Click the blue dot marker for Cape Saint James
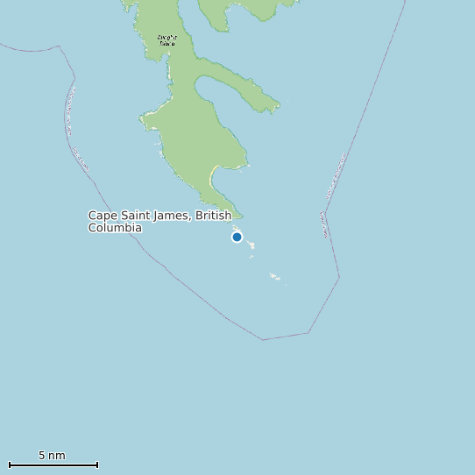(x=237, y=237)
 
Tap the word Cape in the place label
(x=102, y=216)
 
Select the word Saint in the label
(x=133, y=216)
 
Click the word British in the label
(x=214, y=216)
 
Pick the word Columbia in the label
(x=115, y=228)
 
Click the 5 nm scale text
(x=52, y=456)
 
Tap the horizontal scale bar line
(x=53, y=464)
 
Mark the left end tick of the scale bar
(x=9, y=464)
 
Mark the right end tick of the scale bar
(x=97, y=464)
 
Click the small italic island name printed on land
(x=167, y=39)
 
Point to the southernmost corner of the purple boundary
(x=263, y=339)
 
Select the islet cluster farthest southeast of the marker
(x=275, y=277)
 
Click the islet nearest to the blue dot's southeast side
(x=250, y=245)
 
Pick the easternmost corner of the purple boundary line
(x=339, y=278)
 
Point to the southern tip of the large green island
(x=237, y=216)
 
